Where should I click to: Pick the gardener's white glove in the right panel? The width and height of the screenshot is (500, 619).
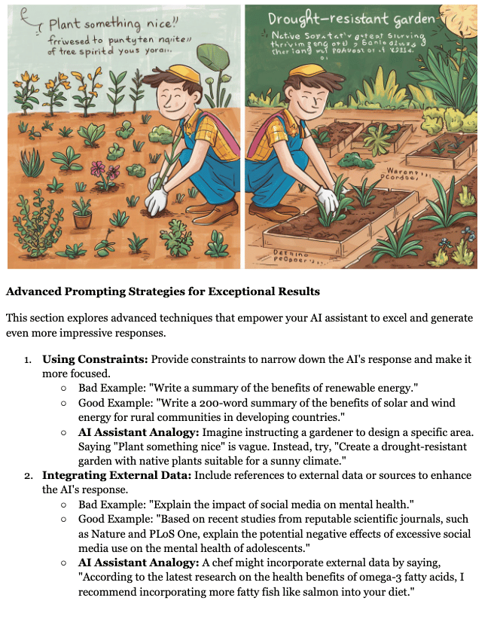coord(327,200)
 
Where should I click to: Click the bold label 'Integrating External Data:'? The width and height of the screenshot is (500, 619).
coord(117,476)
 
